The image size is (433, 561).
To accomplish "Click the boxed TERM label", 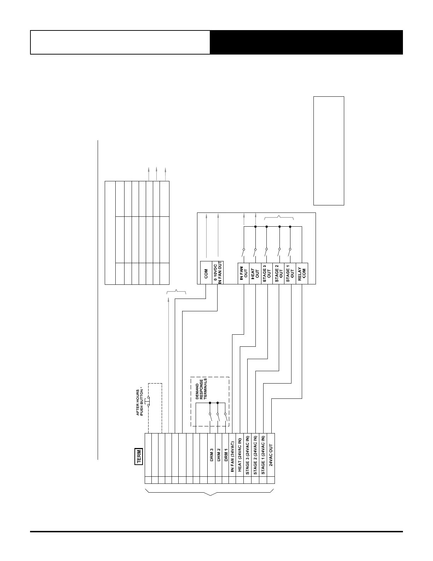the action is click(x=139, y=457).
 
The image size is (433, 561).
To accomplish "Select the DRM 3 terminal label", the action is click(x=212, y=455).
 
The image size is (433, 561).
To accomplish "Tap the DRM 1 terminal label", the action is click(x=226, y=455).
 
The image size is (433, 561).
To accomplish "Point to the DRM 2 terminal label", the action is click(x=219, y=455).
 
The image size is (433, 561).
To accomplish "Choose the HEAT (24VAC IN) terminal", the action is click(x=240, y=456).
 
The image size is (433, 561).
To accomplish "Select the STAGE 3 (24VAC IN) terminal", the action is click(x=248, y=455).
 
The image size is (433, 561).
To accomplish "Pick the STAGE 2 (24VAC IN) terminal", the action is click(x=255, y=455).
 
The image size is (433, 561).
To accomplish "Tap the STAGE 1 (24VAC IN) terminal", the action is click(x=263, y=455).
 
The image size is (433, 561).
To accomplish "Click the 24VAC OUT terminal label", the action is click(x=271, y=455).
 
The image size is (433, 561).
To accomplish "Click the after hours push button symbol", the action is click(x=148, y=401).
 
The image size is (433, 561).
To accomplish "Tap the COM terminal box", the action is click(x=206, y=273).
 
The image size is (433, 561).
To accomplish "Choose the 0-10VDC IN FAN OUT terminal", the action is click(x=217, y=273).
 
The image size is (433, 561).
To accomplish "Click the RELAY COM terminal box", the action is click(x=302, y=273).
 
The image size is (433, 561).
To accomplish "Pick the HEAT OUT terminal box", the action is click(x=255, y=273).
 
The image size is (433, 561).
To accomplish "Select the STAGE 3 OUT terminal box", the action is click(x=267, y=273).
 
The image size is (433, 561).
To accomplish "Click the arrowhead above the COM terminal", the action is click(x=206, y=215).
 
